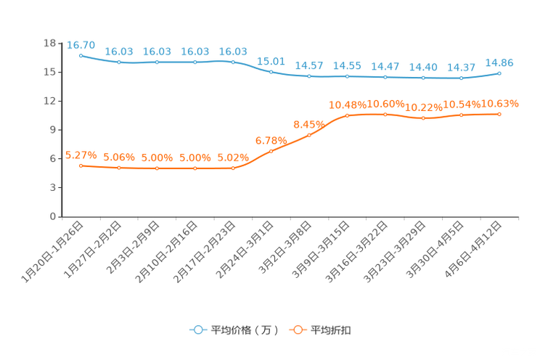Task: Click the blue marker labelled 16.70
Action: pos(81,55)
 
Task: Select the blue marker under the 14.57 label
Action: pos(309,75)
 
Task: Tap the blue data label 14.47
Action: pos(385,66)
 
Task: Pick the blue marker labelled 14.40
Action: pos(423,77)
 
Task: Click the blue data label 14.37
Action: pos(461,67)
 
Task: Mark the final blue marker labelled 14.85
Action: pos(499,73)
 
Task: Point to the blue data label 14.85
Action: pos(499,62)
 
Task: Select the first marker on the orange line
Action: pos(81,165)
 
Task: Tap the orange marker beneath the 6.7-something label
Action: pos(271,151)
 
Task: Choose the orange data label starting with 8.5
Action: pos(308,124)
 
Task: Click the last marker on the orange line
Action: pos(499,114)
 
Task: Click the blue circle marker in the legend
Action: pos(197,330)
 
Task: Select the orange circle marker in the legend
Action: pos(298,330)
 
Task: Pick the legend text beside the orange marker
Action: pos(332,330)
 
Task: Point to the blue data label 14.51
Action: pos(347,65)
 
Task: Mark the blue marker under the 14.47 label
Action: pos(385,76)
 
